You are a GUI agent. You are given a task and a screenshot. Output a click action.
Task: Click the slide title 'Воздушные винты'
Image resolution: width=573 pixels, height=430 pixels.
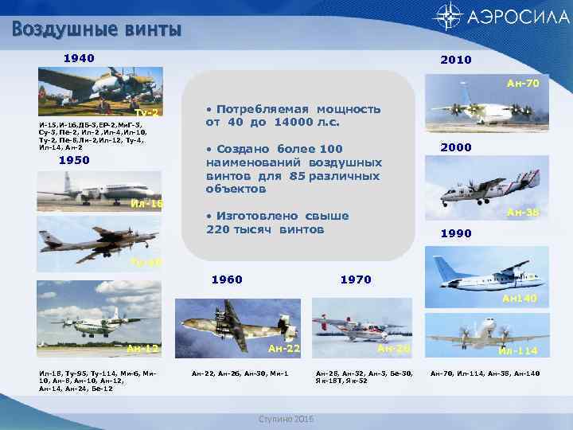pyautogui.click(x=97, y=30)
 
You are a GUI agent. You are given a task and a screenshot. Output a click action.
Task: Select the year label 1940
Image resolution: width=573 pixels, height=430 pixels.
pyautogui.click(x=79, y=58)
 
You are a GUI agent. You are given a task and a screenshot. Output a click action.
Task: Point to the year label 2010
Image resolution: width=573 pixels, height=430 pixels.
pyautogui.click(x=455, y=60)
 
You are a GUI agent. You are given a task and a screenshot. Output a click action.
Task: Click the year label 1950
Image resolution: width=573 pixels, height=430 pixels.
pyautogui.click(x=74, y=160)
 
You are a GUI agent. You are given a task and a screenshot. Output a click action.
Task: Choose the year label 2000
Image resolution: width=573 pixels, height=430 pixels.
pyautogui.click(x=455, y=147)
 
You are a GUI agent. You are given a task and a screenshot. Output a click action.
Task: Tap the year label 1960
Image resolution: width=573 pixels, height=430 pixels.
pyautogui.click(x=226, y=279)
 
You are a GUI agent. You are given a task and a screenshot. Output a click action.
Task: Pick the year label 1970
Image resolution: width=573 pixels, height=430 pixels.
pyautogui.click(x=356, y=279)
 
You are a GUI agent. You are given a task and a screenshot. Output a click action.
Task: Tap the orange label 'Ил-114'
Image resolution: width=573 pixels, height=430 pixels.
pyautogui.click(x=517, y=351)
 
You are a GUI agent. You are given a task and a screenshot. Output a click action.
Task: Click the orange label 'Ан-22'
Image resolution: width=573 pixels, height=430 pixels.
pyautogui.click(x=284, y=349)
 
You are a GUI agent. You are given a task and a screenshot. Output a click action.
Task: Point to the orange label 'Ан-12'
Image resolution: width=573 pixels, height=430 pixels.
pyautogui.click(x=142, y=349)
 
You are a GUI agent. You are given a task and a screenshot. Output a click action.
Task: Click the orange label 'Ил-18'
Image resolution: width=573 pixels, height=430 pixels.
pyautogui.click(x=146, y=205)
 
